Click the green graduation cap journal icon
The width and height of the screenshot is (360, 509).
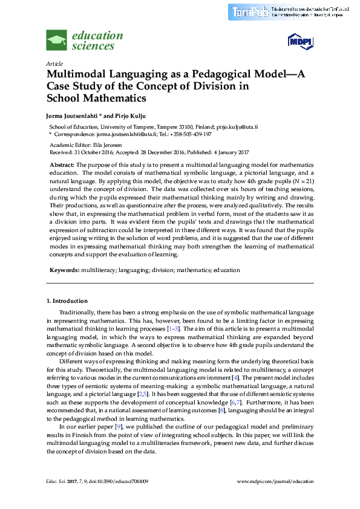[x=57, y=41]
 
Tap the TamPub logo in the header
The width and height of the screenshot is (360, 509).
[x=249, y=11]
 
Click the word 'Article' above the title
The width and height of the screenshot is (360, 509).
[x=54, y=63]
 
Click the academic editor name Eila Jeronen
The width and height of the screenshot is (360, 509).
[x=107, y=146]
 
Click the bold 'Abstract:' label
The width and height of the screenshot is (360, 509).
[x=62, y=164]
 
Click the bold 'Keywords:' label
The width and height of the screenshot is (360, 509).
[x=64, y=270]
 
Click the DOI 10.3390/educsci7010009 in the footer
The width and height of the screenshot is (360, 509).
[x=120, y=481]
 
